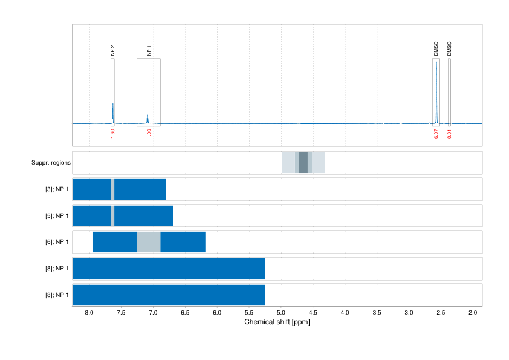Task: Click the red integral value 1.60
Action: (x=112, y=133)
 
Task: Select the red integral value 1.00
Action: (x=149, y=133)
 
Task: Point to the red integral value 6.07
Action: (x=436, y=133)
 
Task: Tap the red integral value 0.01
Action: (x=449, y=133)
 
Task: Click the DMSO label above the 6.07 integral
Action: (x=436, y=49)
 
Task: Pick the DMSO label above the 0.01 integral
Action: (x=449, y=49)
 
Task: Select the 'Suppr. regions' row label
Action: (x=51, y=163)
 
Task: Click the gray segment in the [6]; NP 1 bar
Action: (x=149, y=242)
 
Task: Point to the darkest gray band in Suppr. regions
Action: (x=303, y=163)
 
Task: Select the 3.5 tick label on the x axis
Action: (x=377, y=313)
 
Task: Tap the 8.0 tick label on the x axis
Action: (x=89, y=313)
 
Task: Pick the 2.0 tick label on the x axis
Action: (x=473, y=313)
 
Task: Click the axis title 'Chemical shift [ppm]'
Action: (x=277, y=322)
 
